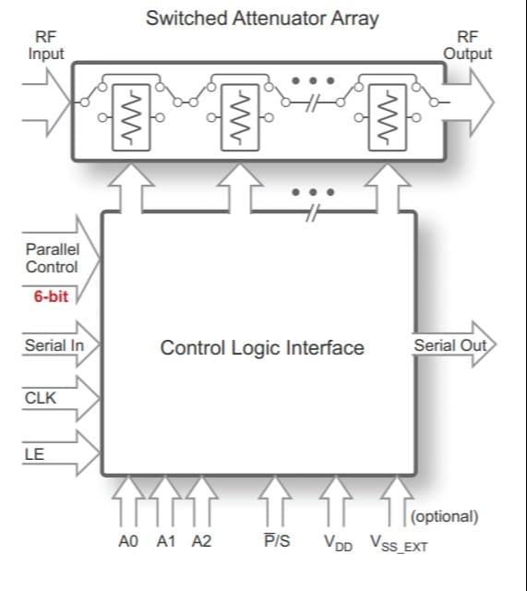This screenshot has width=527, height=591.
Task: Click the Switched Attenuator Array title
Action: click(x=262, y=18)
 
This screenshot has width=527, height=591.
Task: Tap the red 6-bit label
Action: click(x=51, y=296)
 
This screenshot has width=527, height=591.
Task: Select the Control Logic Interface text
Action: click(x=262, y=348)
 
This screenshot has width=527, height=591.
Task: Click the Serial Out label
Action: click(x=450, y=345)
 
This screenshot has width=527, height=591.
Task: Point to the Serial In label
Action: click(x=54, y=345)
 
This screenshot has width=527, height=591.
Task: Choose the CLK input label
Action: click(x=41, y=398)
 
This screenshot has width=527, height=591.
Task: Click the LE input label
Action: click(x=34, y=454)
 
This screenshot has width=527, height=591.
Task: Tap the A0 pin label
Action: click(x=128, y=541)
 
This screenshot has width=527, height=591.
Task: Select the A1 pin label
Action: click(x=166, y=541)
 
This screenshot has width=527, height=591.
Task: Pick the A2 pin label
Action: click(x=201, y=541)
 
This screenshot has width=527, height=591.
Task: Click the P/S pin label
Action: click(x=277, y=540)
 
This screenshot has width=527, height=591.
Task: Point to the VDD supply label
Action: click(x=338, y=543)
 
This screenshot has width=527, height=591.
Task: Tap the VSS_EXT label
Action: click(x=399, y=544)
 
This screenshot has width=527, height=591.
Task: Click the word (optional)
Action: click(x=445, y=516)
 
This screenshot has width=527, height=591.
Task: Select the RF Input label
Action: click(x=46, y=45)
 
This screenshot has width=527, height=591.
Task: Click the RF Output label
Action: click(x=468, y=45)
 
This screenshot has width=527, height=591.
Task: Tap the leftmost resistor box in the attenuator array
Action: click(x=131, y=117)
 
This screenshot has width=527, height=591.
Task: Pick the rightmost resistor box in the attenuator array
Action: click(x=388, y=117)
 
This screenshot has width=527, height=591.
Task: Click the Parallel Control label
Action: click(x=53, y=259)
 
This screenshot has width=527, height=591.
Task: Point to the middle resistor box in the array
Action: click(x=240, y=117)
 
